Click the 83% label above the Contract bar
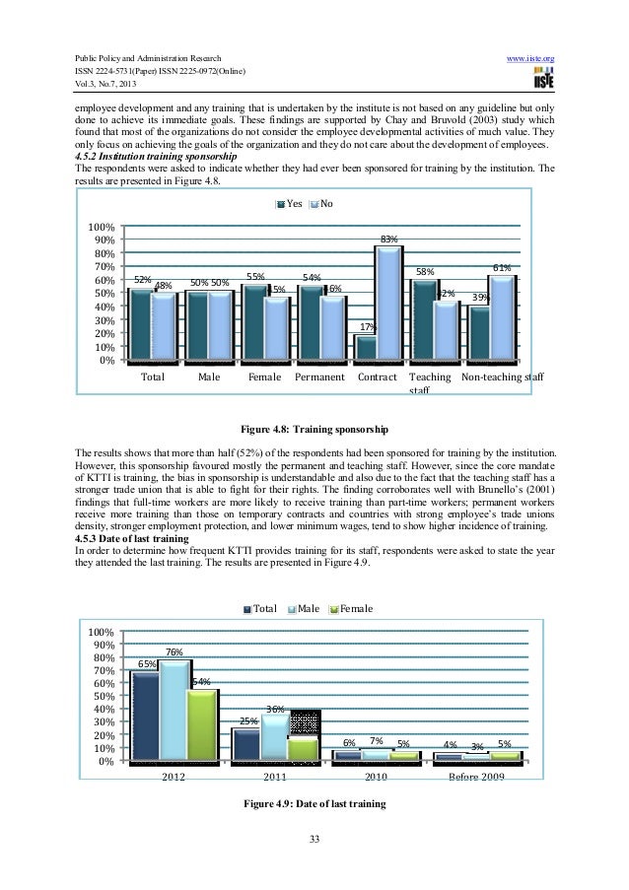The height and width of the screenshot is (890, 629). (388, 239)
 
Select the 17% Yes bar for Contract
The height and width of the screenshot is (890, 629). (366, 346)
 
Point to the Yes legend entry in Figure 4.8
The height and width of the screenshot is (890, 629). (288, 204)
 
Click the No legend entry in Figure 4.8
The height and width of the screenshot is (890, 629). (321, 204)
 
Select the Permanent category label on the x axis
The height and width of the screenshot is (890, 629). (318, 377)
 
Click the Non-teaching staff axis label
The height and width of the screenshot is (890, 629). (502, 377)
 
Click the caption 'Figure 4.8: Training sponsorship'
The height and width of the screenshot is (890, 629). (315, 430)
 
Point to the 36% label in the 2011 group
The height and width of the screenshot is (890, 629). (276, 709)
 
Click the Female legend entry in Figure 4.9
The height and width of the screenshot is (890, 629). (350, 609)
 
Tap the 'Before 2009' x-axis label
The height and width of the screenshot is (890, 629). (476, 778)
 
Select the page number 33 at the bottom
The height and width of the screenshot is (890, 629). (314, 840)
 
